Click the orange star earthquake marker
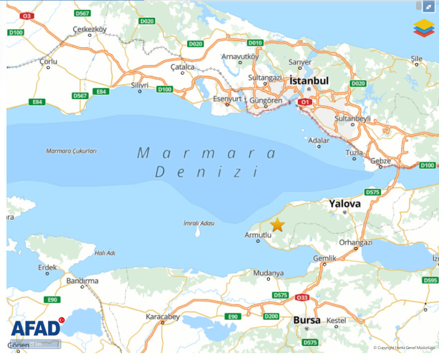tap(277, 225)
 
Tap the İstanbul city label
tap(309, 81)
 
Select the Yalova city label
tap(345, 203)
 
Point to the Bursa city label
tap(307, 320)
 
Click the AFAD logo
tap(36, 327)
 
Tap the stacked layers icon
tap(424, 28)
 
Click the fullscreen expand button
tap(429, 6)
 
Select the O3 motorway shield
tap(26, 16)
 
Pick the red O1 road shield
tap(305, 102)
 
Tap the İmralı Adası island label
tap(199, 223)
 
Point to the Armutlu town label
tap(257, 235)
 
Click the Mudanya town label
tap(268, 273)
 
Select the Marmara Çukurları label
tap(71, 151)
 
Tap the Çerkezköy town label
tap(90, 29)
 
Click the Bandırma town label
tap(82, 281)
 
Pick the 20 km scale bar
tap(35, 344)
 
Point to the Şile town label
tap(416, 58)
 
